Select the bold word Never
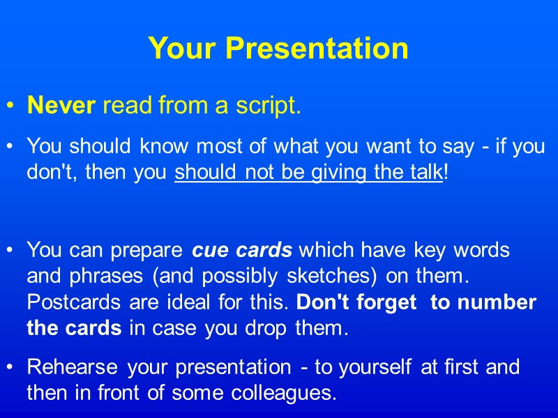[61, 106]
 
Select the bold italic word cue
[211, 250]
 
